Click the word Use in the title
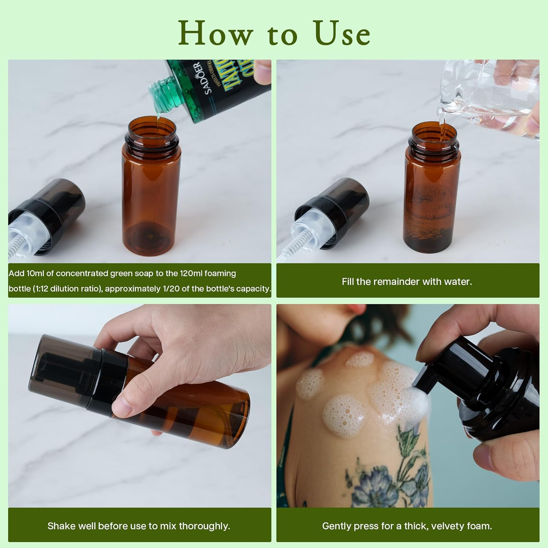(342, 34)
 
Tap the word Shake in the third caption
(60, 526)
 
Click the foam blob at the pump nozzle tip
(420, 402)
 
